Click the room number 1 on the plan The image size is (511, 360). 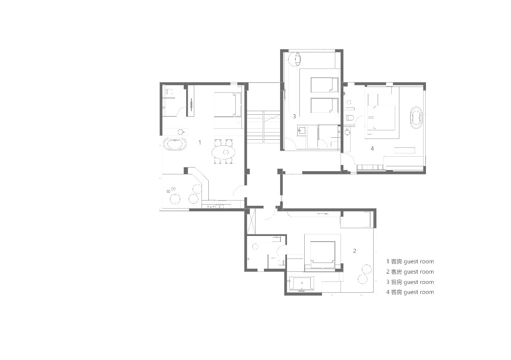[200, 143]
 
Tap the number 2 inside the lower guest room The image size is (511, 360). [355, 251]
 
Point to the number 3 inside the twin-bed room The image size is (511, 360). [294, 116]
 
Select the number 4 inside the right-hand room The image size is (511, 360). [372, 149]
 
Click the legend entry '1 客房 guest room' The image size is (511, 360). [410, 261]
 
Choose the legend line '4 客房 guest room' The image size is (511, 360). [410, 292]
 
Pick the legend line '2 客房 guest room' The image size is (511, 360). [410, 272]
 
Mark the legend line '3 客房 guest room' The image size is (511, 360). [410, 282]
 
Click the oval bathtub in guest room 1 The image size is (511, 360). [175, 144]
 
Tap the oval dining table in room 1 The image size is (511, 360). [223, 152]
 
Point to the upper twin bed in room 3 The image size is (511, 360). [324, 85]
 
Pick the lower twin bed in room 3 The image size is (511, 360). [324, 106]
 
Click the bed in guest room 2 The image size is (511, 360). [322, 254]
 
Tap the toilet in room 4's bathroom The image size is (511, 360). [350, 118]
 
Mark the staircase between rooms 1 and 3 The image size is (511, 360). [263, 127]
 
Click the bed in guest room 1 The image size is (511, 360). [227, 104]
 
